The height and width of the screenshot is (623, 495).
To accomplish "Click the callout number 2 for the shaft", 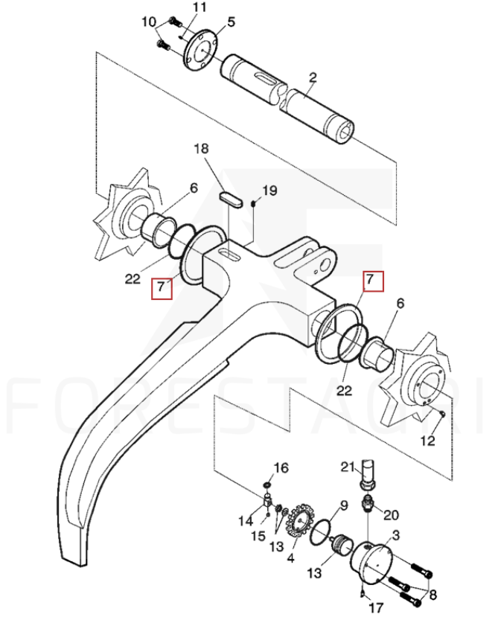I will pyautogui.click(x=313, y=77).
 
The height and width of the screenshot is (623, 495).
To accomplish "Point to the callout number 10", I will pyautogui.click(x=150, y=22).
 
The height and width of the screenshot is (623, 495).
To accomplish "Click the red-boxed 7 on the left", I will pyautogui.click(x=162, y=287).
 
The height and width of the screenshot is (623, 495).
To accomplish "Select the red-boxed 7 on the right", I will pyautogui.click(x=371, y=281).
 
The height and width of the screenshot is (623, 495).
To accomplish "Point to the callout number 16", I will pyautogui.click(x=281, y=467).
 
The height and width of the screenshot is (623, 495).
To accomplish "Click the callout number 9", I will pyautogui.click(x=343, y=506).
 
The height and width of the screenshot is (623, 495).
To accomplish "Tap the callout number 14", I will pyautogui.click(x=246, y=520).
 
